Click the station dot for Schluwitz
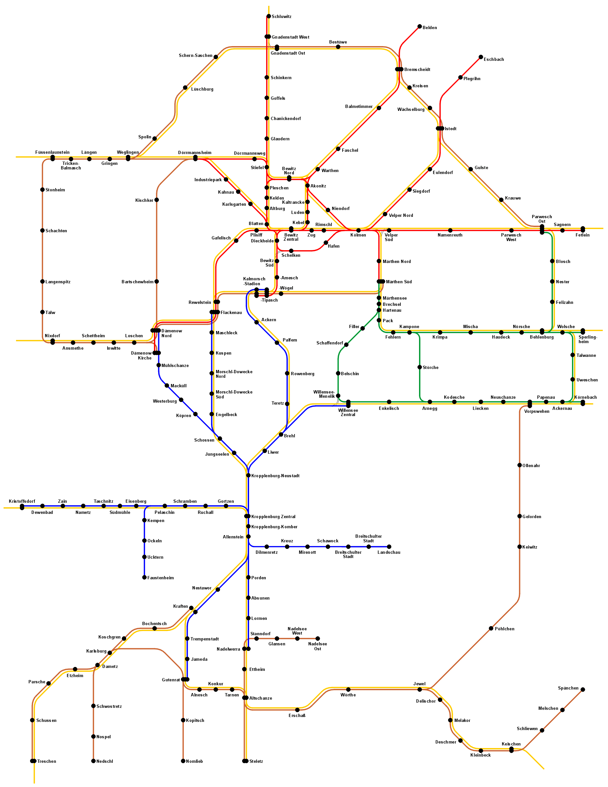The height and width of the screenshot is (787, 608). point(268,16)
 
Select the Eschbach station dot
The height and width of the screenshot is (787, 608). point(481,57)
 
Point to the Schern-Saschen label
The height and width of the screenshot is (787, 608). point(195,56)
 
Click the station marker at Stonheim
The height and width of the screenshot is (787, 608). point(42,189)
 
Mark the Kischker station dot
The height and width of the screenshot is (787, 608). point(157,200)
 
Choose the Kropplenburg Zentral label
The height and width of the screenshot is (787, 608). point(273,517)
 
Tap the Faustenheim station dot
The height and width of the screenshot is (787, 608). point(144,578)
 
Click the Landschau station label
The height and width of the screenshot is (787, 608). point(389,552)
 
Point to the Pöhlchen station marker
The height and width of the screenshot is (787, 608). point(491,628)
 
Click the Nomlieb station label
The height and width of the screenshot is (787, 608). point(194,761)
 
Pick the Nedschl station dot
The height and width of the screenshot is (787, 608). point(93,761)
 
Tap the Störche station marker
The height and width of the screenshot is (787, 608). point(420,367)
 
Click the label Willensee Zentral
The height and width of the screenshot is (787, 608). point(348,412)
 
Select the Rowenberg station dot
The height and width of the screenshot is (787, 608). point(287,373)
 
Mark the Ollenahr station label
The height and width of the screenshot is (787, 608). point(531,465)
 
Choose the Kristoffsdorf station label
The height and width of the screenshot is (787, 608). point(22,501)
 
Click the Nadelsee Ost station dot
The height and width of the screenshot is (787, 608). point(318,638)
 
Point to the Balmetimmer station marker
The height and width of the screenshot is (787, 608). point(379,108)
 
